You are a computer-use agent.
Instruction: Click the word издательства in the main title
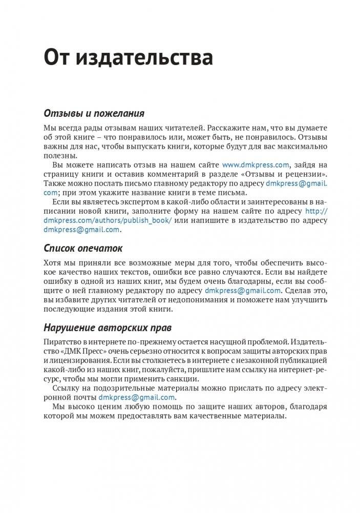[x=144, y=57]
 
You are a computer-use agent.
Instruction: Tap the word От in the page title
[x=57, y=57]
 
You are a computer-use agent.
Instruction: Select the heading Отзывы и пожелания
[x=94, y=113]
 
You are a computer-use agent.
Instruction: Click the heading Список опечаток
[x=83, y=249]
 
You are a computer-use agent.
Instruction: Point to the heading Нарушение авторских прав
[x=108, y=327]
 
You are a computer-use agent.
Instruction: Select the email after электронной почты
[x=137, y=397]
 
